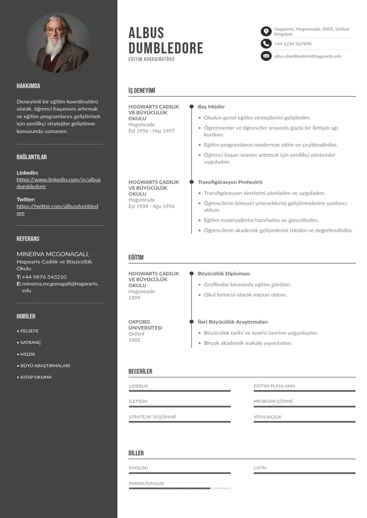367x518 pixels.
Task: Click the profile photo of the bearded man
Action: [59, 43]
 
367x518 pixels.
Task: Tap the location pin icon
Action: [266, 31]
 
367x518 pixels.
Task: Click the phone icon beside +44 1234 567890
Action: [266, 44]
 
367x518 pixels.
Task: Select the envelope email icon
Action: [266, 56]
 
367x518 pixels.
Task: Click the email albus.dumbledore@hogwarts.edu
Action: [308, 56]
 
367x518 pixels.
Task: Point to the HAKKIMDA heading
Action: [28, 86]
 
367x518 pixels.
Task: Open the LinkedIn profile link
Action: [59, 183]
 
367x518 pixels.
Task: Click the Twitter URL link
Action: [57, 210]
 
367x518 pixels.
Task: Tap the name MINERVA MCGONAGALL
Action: [53, 254]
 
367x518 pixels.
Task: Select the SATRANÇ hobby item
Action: [31, 343]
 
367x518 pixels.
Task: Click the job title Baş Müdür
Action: [211, 107]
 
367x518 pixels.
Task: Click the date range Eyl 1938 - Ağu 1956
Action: [152, 206]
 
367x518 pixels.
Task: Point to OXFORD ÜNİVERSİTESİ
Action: [145, 325]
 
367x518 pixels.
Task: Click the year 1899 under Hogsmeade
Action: [135, 298]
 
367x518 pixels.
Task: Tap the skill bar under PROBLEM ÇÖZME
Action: [304, 407]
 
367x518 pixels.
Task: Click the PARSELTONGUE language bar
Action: [179, 488]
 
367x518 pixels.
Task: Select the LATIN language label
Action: [260, 468]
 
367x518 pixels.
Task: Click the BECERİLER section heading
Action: [140, 371]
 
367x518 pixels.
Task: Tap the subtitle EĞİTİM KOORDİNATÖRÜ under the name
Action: [152, 60]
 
